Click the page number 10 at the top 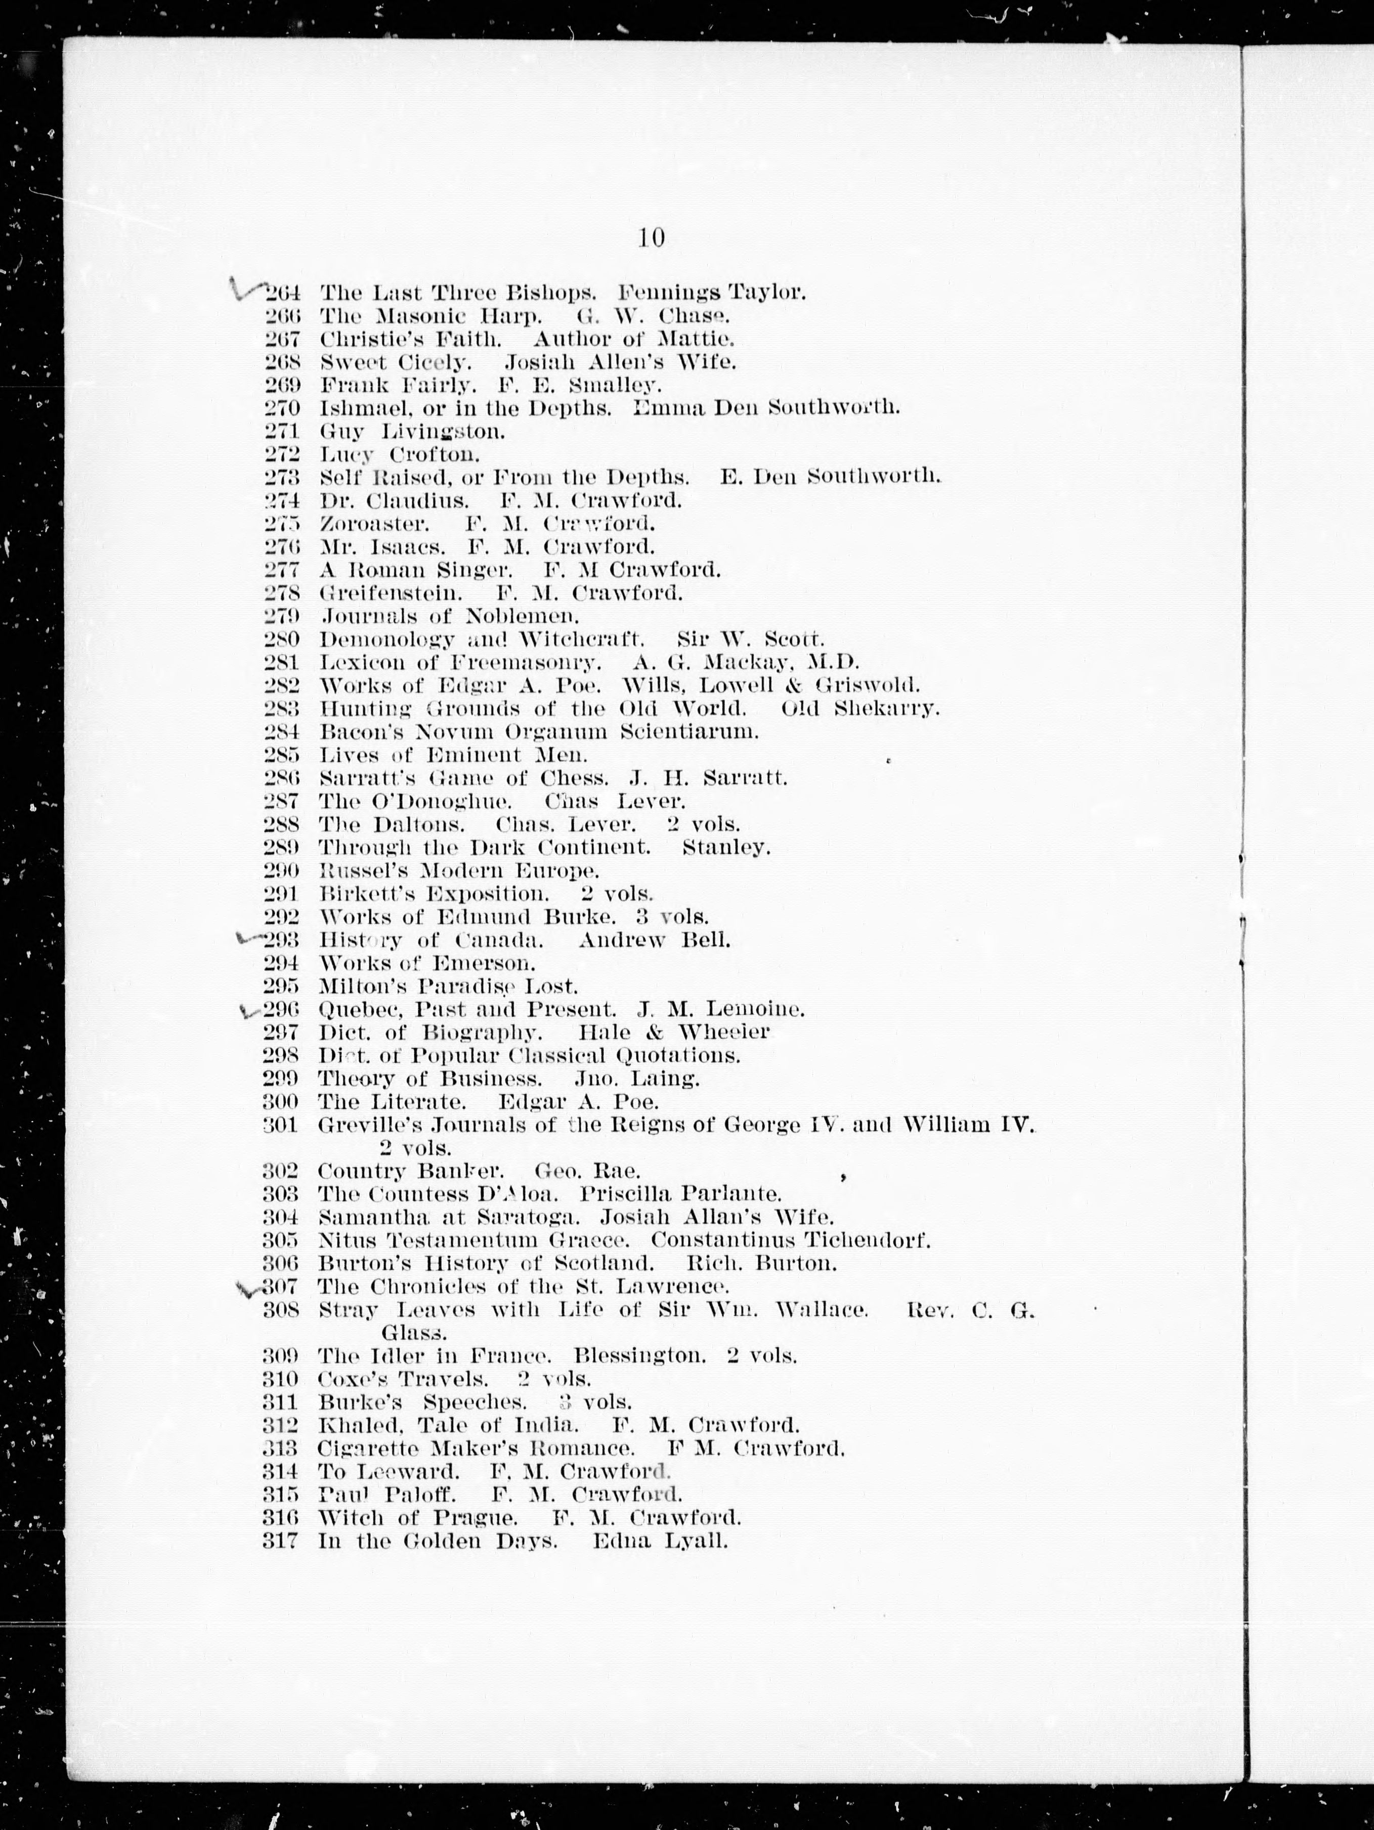click(x=651, y=238)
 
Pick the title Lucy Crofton click(x=400, y=454)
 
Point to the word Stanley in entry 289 click(x=725, y=848)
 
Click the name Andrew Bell click(x=654, y=941)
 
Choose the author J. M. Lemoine click(x=720, y=1010)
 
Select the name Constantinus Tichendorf click(x=791, y=1241)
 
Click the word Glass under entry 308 click(x=414, y=1334)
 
